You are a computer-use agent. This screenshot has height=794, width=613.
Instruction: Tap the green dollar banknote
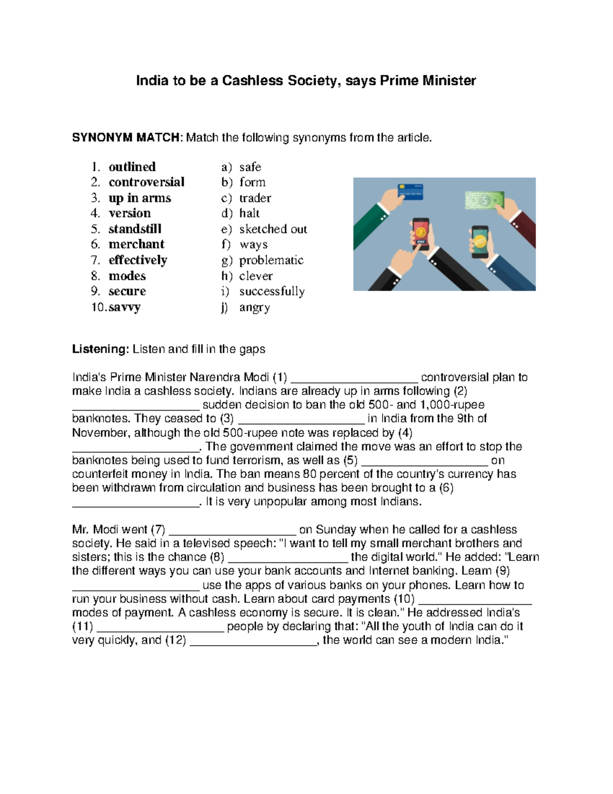coord(484,200)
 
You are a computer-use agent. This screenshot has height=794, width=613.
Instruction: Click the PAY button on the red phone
coord(421,242)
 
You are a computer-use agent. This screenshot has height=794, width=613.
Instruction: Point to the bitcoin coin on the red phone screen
coord(421,232)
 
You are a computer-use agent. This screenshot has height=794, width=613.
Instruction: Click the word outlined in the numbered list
coord(132,167)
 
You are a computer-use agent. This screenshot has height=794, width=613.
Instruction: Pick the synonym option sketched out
coord(273,229)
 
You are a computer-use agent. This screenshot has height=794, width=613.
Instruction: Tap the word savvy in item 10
coord(124,307)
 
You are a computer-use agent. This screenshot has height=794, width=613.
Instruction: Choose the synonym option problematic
coord(271,260)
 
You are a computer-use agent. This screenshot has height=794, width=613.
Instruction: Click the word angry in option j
coord(254,307)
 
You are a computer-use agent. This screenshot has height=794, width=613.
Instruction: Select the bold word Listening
coord(100,349)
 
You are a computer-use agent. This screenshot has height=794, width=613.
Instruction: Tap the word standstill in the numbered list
coord(135,229)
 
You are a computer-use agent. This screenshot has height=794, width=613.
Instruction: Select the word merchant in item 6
coord(136,244)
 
